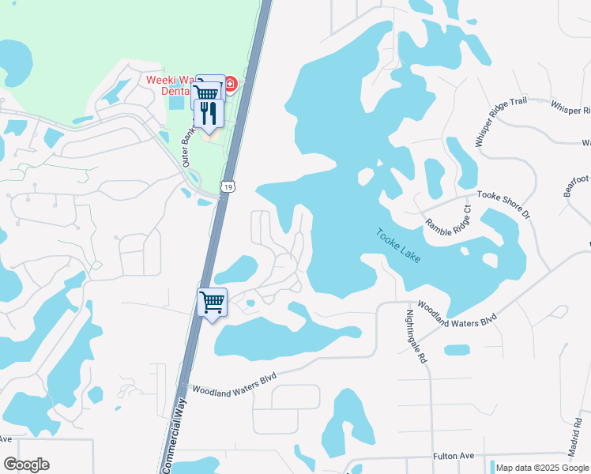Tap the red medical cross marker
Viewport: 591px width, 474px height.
click(231, 84)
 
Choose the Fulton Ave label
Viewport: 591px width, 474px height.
click(453, 457)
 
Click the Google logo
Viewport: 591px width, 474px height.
click(26, 465)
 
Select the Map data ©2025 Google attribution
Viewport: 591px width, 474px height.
click(542, 468)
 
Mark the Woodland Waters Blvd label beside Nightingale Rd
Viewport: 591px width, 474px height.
click(456, 311)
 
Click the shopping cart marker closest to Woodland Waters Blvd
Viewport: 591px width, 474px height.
click(212, 302)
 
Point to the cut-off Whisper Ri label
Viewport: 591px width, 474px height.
click(569, 107)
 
